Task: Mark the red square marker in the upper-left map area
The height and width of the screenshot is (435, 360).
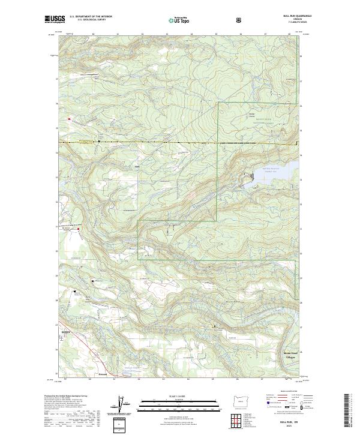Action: pos(69,119)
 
